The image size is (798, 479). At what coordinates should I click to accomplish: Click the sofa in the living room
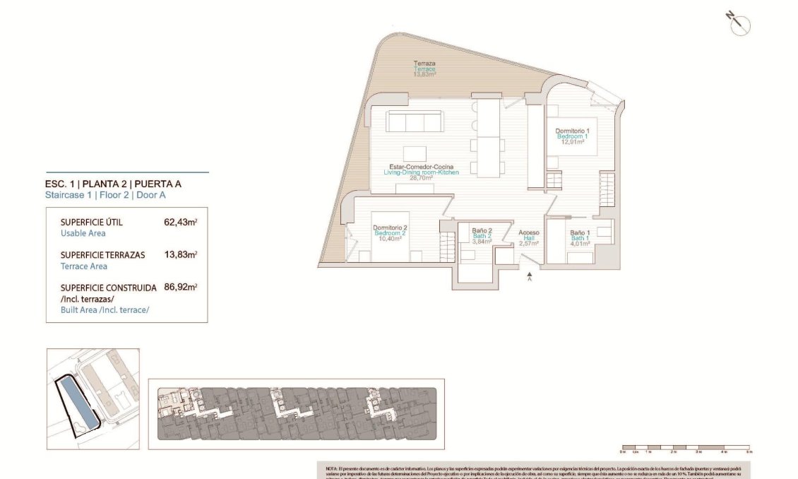coord(415,122)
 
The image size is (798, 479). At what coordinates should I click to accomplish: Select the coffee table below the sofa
coord(415,154)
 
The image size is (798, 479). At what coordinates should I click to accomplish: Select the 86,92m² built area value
coord(180,288)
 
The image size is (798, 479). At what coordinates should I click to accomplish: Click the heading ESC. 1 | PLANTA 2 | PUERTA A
coord(116,184)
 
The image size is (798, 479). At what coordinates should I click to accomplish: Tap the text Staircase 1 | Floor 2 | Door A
coord(105,195)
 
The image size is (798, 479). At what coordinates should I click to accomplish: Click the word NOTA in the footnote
coord(331,468)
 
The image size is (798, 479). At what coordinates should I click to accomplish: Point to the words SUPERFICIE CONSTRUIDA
coord(108,288)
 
